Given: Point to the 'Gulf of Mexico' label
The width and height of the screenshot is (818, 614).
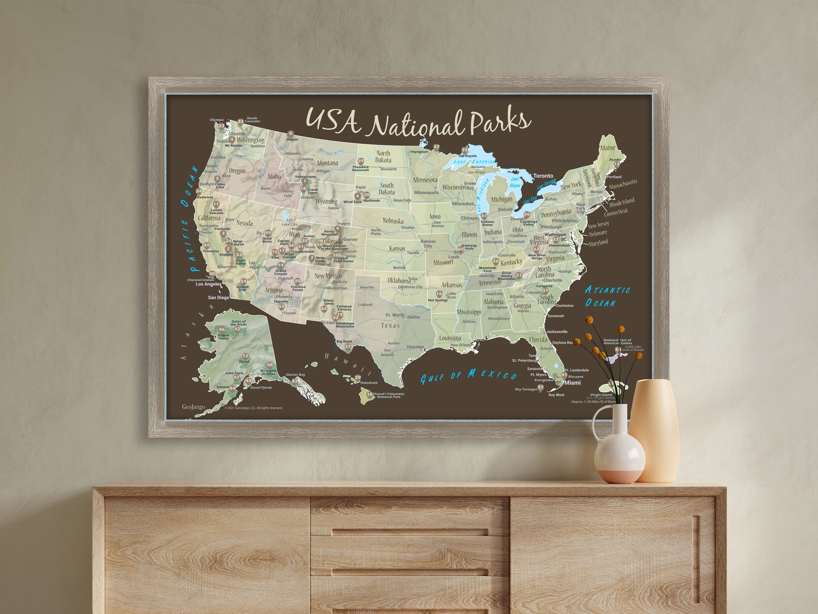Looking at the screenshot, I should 468,375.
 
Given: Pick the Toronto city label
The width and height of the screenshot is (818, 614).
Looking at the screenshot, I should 543,176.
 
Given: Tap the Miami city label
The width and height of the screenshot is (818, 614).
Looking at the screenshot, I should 572,383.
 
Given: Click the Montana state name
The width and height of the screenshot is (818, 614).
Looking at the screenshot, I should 328,163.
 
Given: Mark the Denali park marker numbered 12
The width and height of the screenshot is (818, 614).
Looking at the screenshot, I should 245,356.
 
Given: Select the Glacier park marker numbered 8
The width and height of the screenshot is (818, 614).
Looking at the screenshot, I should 291,133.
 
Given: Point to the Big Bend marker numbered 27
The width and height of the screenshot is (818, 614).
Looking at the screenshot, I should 348,346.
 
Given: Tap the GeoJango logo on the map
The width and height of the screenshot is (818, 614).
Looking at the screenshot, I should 193,407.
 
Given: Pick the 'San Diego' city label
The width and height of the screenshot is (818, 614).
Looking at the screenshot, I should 218,298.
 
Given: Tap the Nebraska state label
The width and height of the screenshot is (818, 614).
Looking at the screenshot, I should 393,221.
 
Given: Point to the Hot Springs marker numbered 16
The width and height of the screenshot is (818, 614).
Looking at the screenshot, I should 439,294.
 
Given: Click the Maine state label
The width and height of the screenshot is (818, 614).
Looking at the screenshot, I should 607,148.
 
